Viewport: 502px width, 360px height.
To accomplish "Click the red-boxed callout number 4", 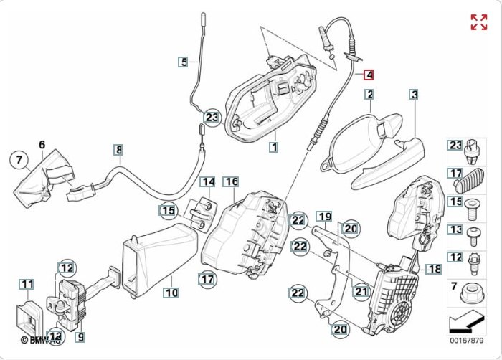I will (x=369, y=74).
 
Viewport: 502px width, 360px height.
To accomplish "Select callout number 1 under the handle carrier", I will (x=273, y=147).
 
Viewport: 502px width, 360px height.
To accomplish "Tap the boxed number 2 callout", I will (x=369, y=94).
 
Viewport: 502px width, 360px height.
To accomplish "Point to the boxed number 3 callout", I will (x=414, y=94).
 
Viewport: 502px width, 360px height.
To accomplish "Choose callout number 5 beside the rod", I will (x=184, y=62).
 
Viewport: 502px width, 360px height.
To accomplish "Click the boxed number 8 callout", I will (x=119, y=150).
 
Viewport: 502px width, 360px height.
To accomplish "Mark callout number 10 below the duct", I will (x=171, y=293).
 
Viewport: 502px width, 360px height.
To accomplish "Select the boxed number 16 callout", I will (x=231, y=182).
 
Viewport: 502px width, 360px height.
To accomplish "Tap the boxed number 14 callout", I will (x=207, y=182).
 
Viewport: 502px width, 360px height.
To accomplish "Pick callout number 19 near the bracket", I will (x=324, y=217).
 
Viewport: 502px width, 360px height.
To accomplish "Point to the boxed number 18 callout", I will (x=435, y=269).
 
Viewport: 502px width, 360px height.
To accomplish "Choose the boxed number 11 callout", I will (x=27, y=285).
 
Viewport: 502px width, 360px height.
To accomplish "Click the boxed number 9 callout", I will (x=80, y=336).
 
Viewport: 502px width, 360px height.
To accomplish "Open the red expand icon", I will (x=478, y=22).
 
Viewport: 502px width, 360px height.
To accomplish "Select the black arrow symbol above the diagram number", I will (x=465, y=320).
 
